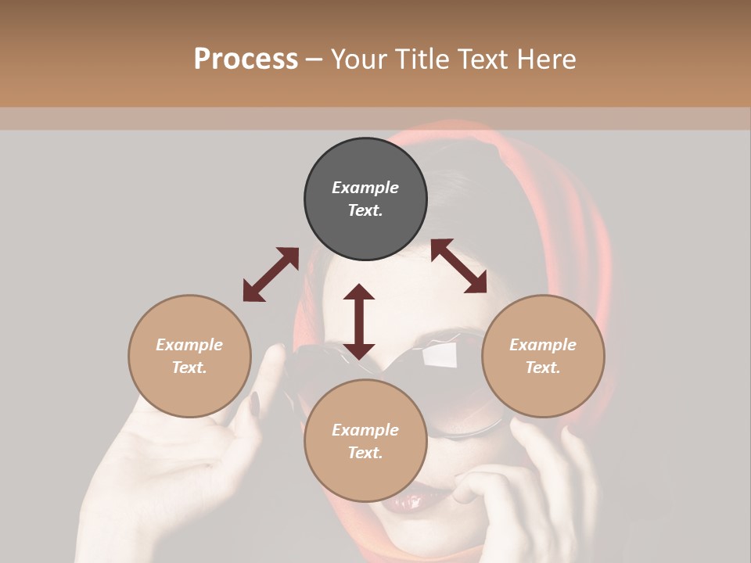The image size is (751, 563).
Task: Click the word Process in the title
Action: pos(246,59)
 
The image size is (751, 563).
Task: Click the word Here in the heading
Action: pos(546,59)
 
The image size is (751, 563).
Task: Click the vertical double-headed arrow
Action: pos(359,321)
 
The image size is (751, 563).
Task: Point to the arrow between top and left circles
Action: pos(271,274)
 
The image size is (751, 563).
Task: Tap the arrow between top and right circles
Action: pos(458,266)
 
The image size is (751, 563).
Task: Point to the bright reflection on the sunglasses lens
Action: pos(440,356)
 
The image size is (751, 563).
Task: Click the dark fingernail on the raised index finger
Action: pos(255,404)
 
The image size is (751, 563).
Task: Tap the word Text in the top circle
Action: pos(365,210)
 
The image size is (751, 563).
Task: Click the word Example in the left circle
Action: pos(189,345)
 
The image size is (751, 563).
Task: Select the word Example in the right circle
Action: pos(543,345)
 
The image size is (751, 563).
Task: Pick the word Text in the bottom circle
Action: pos(365,453)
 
